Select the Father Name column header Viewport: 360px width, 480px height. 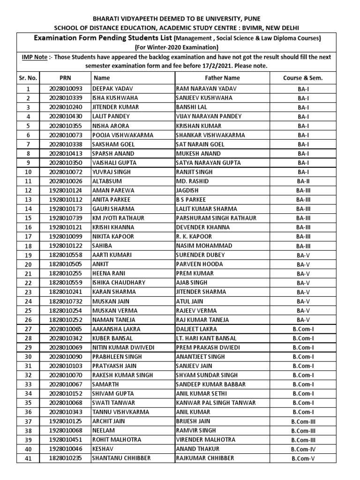coord(222,78)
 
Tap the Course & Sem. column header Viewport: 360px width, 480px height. coord(303,78)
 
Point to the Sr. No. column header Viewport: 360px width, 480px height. coord(28,78)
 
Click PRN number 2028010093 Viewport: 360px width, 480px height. coord(65,89)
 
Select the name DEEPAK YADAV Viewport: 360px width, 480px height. coord(111,89)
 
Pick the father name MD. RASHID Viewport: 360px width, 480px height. coord(193,181)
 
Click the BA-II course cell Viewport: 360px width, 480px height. coord(303,181)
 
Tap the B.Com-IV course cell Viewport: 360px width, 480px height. coord(303,449)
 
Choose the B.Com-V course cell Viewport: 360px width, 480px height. coord(303,458)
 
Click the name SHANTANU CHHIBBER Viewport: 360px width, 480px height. coord(122,458)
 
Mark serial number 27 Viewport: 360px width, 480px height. coord(28,329)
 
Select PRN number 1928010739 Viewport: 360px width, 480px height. coord(65,218)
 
